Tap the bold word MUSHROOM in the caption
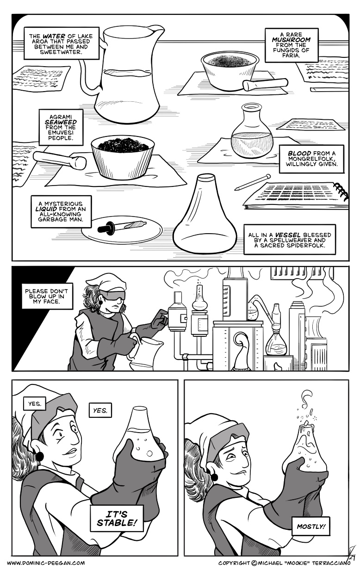(x=291, y=40)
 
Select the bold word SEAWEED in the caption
(x=61, y=122)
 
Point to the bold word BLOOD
(x=299, y=153)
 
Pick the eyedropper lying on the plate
(x=122, y=225)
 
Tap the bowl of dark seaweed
(x=122, y=157)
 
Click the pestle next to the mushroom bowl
(x=265, y=84)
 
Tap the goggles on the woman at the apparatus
(x=112, y=296)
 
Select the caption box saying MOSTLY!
(x=310, y=526)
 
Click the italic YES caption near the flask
(x=100, y=410)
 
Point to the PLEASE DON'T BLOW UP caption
(x=45, y=296)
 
